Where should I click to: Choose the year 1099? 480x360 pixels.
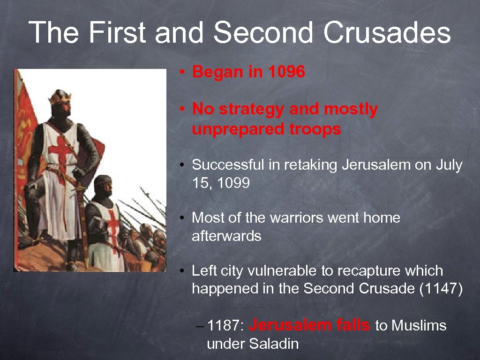tap(233, 183)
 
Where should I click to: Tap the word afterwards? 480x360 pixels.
tap(226, 236)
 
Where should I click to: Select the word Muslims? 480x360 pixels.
tap(419, 325)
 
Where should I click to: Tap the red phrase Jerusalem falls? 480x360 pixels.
tap(309, 325)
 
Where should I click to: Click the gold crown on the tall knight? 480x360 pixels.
tap(60, 97)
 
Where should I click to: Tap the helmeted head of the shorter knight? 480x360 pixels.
tap(103, 186)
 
